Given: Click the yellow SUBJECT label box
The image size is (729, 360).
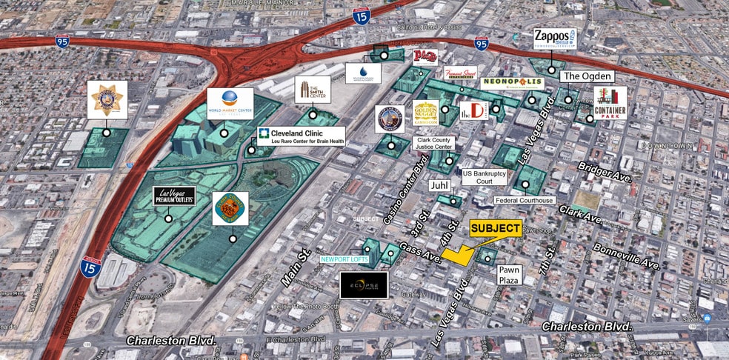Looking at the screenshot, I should pyautogui.click(x=496, y=229).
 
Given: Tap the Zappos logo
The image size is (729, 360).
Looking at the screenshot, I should pyautogui.click(x=554, y=39).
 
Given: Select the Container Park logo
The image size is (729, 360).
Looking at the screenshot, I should pyautogui.click(x=610, y=103).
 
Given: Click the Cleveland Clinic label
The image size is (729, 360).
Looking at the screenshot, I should pyautogui.click(x=301, y=136).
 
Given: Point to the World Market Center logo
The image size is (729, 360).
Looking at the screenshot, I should pyautogui.click(x=230, y=104).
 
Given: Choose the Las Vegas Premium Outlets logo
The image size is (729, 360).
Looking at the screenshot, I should pyautogui.click(x=175, y=196).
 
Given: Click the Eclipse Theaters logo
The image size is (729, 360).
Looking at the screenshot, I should pyautogui.click(x=364, y=284).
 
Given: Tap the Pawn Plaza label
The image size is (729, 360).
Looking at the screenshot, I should pyautogui.click(x=509, y=275).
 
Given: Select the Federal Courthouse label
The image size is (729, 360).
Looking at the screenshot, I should pyautogui.click(x=525, y=200).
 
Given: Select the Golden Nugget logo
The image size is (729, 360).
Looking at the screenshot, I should pyautogui.click(x=426, y=113).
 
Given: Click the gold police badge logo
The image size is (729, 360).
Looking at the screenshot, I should pyautogui.click(x=107, y=100).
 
